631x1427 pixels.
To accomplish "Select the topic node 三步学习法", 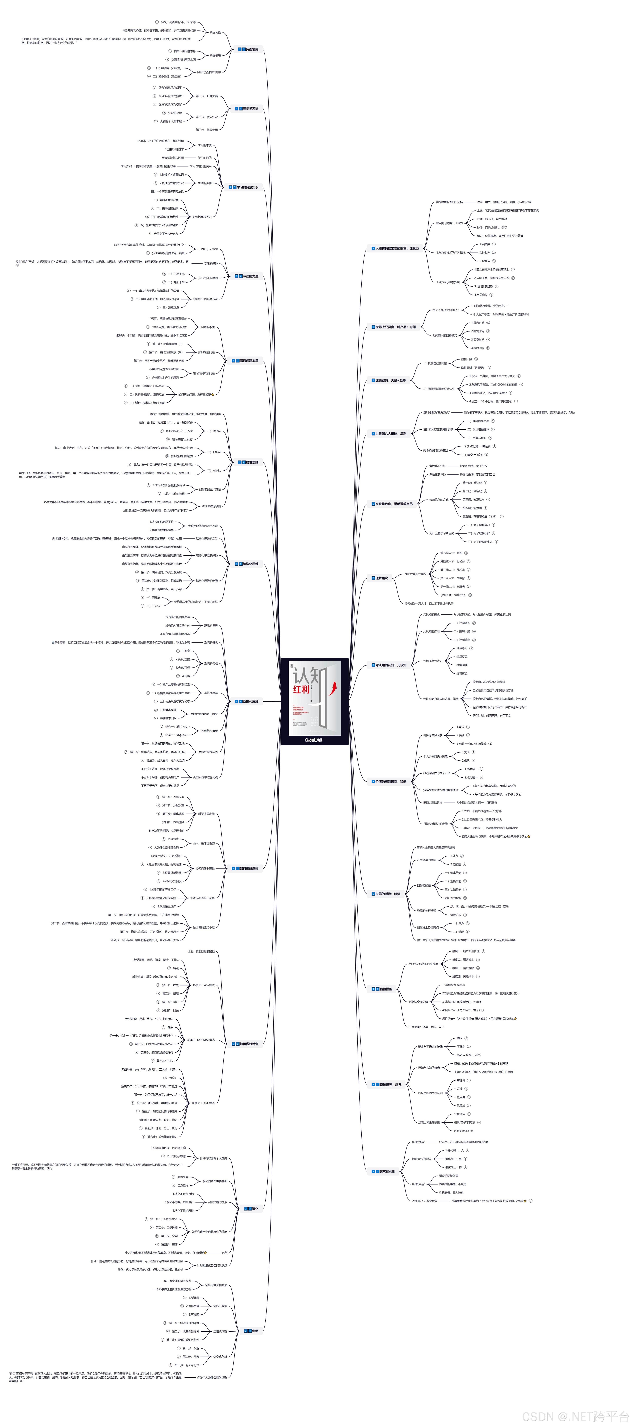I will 248,109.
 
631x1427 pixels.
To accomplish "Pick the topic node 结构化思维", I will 248,564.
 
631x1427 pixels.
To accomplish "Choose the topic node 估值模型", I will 383,989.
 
